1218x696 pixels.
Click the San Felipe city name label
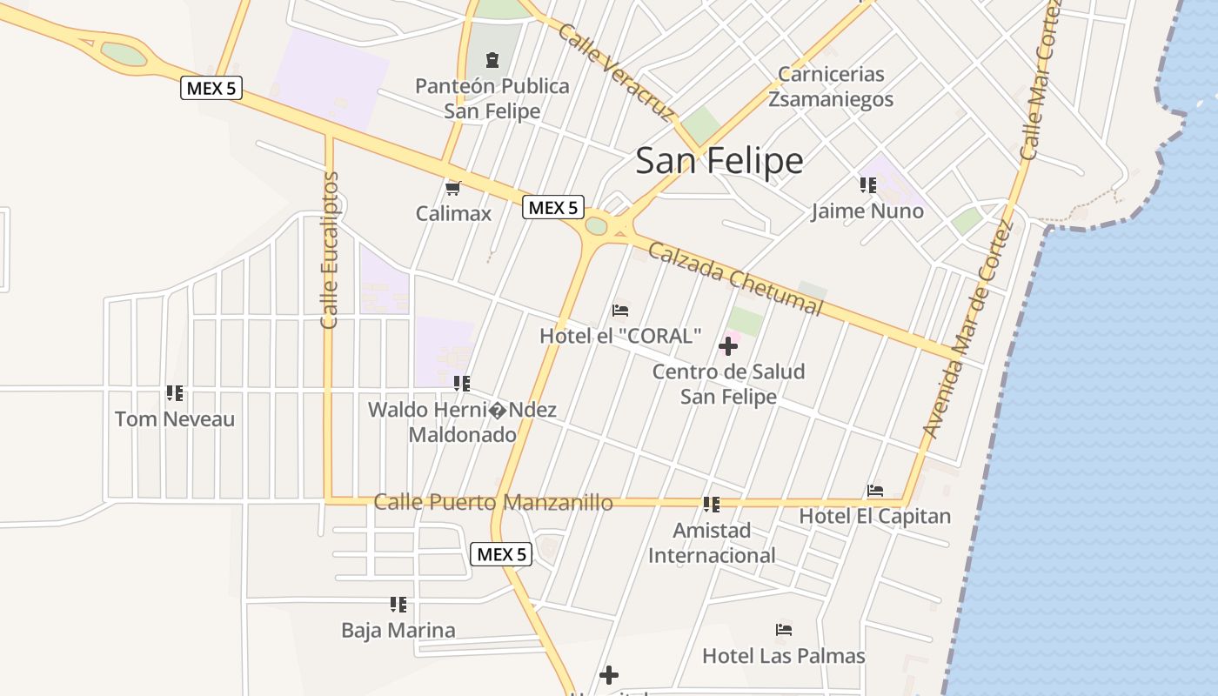coord(719,161)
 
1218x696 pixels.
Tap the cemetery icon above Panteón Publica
coord(493,60)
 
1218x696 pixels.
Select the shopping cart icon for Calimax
coord(452,188)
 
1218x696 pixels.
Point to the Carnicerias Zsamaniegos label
coord(831,86)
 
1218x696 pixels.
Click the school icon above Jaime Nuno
coord(867,184)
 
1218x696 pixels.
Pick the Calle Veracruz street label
coord(617,72)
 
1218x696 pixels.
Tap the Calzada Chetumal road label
coord(735,278)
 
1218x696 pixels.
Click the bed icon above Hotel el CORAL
coord(620,310)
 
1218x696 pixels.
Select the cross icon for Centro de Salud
coord(728,346)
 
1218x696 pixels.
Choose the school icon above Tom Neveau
coord(175,393)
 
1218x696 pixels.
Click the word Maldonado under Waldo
coord(462,434)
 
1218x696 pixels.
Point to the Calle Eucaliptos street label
coord(329,251)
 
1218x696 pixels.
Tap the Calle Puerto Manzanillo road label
coord(493,502)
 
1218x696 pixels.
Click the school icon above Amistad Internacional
coord(712,505)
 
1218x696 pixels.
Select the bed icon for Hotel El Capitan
coord(875,491)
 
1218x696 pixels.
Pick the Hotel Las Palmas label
coord(784,655)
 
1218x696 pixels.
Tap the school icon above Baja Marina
coord(398,605)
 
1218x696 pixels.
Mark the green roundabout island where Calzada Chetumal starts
coord(596,226)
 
